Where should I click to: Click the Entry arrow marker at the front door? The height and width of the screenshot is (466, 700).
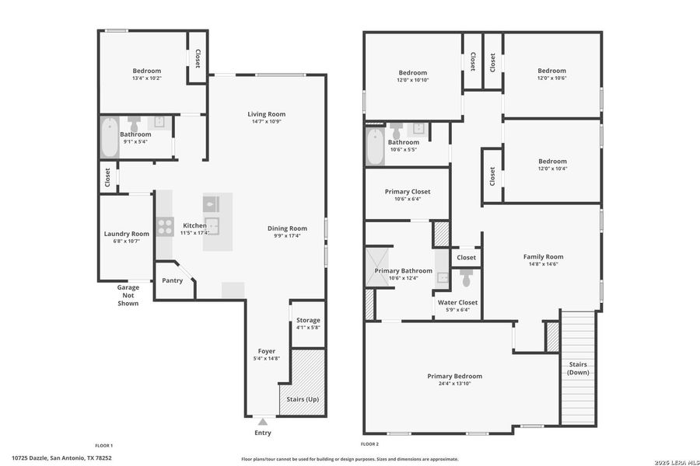(x=262, y=421)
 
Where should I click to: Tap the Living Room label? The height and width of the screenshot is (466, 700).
(x=266, y=114)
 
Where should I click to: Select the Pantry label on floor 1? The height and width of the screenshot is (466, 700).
(x=173, y=280)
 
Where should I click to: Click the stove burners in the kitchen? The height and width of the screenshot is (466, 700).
(x=166, y=226)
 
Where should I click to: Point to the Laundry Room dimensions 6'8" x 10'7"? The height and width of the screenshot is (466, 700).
(x=127, y=242)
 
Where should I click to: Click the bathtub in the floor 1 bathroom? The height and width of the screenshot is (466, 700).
(x=109, y=137)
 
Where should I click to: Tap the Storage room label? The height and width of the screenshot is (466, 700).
(x=307, y=320)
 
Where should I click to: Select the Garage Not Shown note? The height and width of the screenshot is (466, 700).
(x=128, y=295)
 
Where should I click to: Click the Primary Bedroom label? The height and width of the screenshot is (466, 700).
(x=454, y=376)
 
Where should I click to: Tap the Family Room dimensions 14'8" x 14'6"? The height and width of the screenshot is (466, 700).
(x=543, y=264)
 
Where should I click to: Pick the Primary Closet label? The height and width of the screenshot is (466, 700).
(x=407, y=191)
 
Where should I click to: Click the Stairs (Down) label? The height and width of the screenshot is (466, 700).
(x=577, y=368)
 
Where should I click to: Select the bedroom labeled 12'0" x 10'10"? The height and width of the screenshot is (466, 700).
(x=413, y=75)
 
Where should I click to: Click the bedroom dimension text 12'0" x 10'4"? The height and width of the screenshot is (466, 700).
(x=552, y=169)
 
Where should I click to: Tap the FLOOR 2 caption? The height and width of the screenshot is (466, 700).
(x=366, y=445)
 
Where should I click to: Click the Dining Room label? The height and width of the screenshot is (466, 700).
(x=287, y=228)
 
